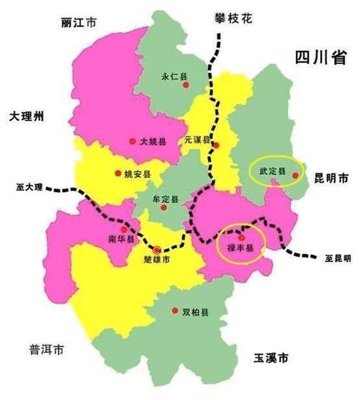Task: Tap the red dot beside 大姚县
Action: pos(130,141)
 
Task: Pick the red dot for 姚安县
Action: pos(117,173)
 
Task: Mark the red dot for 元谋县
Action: pos(215,145)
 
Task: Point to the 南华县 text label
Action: pos(121,238)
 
